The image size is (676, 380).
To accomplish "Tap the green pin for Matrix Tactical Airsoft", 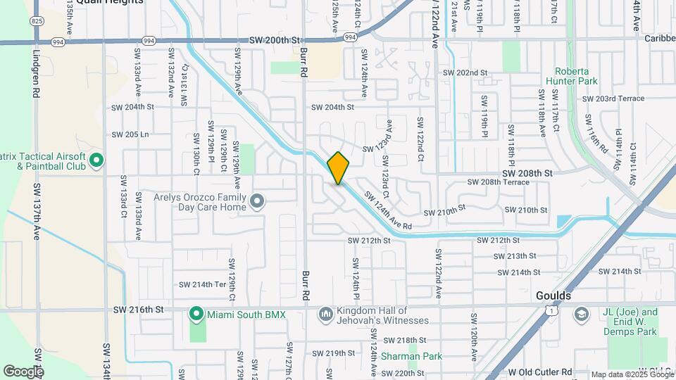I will click(x=96, y=161).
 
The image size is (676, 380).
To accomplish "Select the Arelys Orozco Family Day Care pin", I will click(x=257, y=203).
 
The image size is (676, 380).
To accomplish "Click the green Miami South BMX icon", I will click(x=199, y=314).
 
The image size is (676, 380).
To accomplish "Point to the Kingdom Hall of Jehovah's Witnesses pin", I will click(x=325, y=314).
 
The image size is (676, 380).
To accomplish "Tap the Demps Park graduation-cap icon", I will click(x=581, y=314).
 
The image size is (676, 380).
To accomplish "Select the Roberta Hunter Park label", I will click(x=576, y=76).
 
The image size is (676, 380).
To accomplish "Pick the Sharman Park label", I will click(x=412, y=356).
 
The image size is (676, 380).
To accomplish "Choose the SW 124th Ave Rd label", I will click(x=387, y=210).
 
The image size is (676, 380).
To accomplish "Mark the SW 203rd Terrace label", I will click(x=613, y=99).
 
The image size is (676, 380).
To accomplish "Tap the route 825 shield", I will click(x=37, y=22).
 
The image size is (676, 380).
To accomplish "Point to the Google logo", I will click(x=23, y=371).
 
